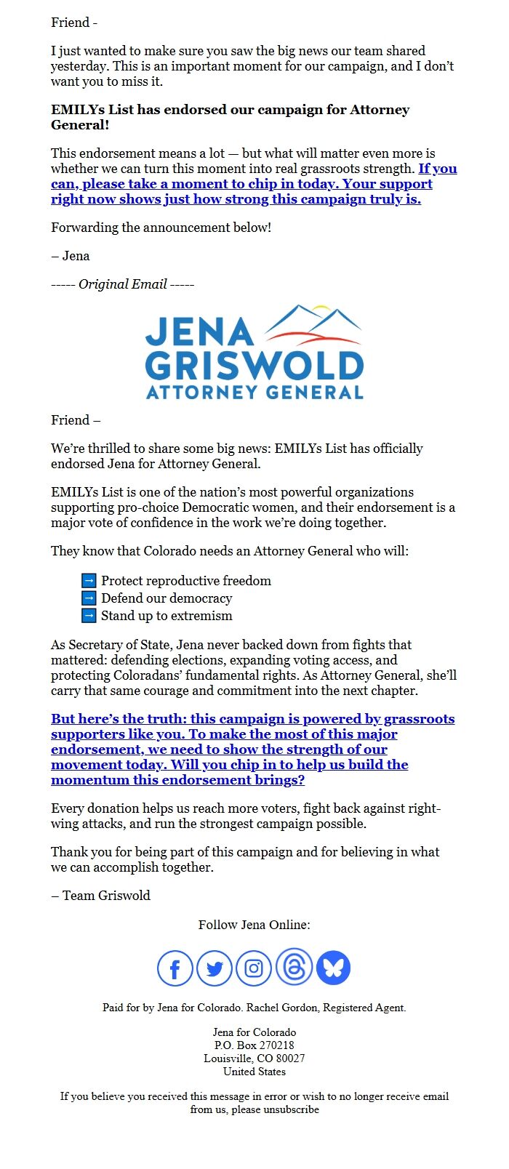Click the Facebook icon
click(x=175, y=968)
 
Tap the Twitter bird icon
click(x=215, y=968)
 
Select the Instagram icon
click(x=254, y=968)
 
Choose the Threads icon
click(x=294, y=967)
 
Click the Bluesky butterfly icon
click(x=333, y=968)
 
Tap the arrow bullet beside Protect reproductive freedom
click(x=89, y=581)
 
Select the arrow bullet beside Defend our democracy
click(x=89, y=598)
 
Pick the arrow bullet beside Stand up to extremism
click(x=89, y=616)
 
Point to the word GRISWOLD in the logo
click(x=254, y=366)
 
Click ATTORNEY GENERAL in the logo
click(x=254, y=393)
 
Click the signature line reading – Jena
click(x=71, y=256)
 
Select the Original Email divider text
click(x=122, y=284)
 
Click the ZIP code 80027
click(x=289, y=1058)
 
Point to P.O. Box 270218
click(x=254, y=1045)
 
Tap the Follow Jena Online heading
click(x=254, y=925)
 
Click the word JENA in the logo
click(x=199, y=332)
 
